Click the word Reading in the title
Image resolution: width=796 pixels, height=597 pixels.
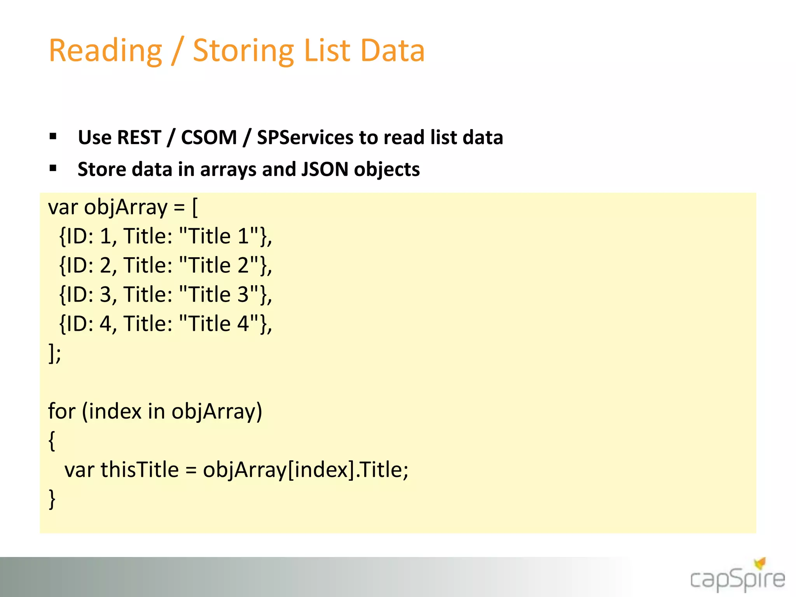point(105,51)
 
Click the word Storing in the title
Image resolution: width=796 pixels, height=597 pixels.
point(243,51)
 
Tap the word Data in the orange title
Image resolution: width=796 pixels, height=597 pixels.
point(393,51)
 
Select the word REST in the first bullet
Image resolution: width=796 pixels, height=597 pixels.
point(139,138)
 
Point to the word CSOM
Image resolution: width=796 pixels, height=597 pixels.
point(209,138)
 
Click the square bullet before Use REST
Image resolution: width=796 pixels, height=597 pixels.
point(53,136)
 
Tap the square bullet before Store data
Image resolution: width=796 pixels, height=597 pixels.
point(53,168)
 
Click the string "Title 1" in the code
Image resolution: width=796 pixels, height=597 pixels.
point(219,236)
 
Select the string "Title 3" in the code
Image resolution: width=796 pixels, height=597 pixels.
point(219,295)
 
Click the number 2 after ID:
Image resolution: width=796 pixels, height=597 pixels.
point(106,265)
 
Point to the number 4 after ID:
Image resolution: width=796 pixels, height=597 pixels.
point(106,324)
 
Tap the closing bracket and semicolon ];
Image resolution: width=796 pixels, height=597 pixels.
point(54,353)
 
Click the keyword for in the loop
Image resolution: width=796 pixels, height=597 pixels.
point(61,411)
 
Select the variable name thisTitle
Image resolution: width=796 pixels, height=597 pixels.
point(140,470)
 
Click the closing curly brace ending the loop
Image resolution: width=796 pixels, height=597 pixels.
point(52,499)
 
